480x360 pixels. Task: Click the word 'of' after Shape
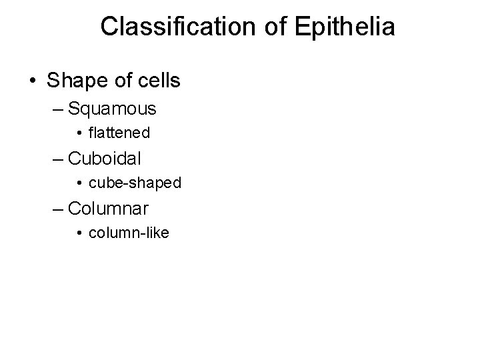pyautogui.click(x=121, y=80)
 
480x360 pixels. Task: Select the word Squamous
pyautogui.click(x=112, y=108)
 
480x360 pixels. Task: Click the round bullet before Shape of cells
pyautogui.click(x=32, y=81)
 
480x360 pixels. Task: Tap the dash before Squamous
pyautogui.click(x=57, y=109)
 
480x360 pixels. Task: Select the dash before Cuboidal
pyautogui.click(x=57, y=159)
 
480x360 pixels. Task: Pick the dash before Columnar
pyautogui.click(x=57, y=209)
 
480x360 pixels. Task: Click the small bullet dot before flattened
pyautogui.click(x=79, y=134)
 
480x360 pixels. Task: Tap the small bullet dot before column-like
pyautogui.click(x=79, y=234)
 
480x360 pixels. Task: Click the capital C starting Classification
pyautogui.click(x=109, y=27)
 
